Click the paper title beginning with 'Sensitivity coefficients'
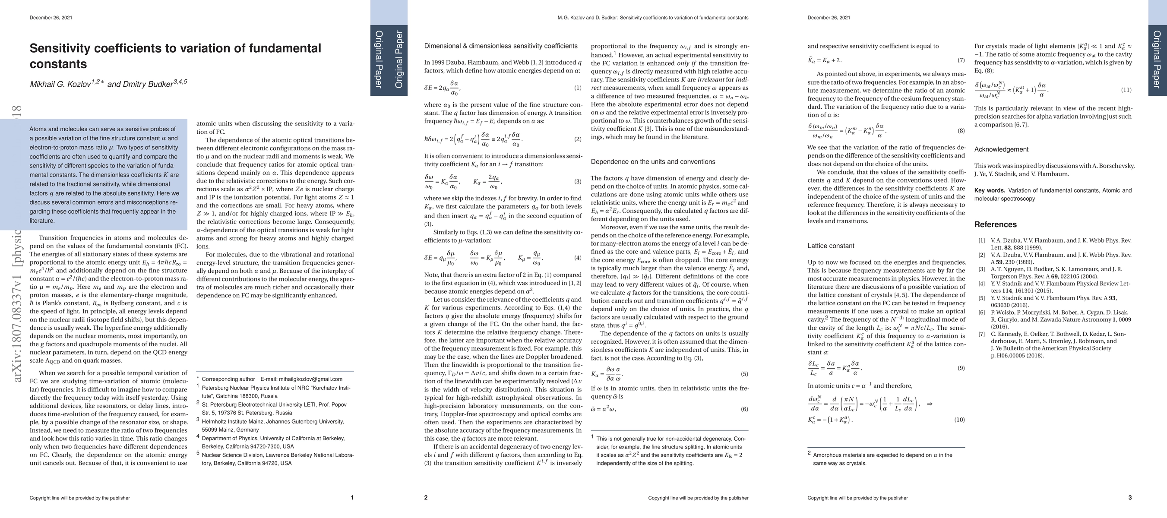pyautogui.click(x=175, y=56)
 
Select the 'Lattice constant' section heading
pyautogui.click(x=831, y=246)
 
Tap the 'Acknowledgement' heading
pyautogui.click(x=1001, y=149)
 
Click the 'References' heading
pyautogui.click(x=995, y=224)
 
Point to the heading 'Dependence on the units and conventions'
pyautogui.click(x=653, y=161)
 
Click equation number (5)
pyautogui.click(x=744, y=374)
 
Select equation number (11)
pyautogui.click(x=1126, y=90)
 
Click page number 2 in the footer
pyautogui.click(x=426, y=498)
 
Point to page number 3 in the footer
pyautogui.click(x=1130, y=498)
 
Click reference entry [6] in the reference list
pyautogui.click(x=982, y=312)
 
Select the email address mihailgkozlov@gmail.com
pyautogui.click(x=310, y=379)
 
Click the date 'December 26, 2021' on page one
pyautogui.click(x=51, y=18)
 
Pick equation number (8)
pyautogui.click(x=961, y=131)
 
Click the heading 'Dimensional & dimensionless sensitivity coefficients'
pyautogui.click(x=500, y=46)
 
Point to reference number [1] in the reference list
pyautogui.click(x=982, y=240)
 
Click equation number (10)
pyautogui.click(x=959, y=420)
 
